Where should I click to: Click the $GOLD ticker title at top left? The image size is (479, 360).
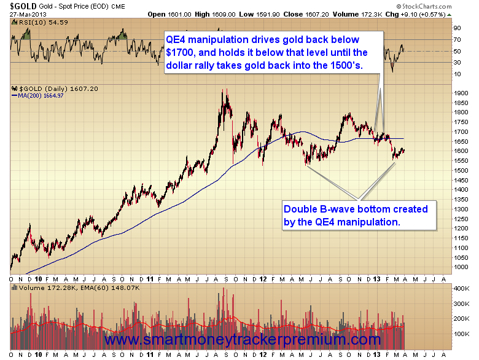pyautogui.click(x=19, y=7)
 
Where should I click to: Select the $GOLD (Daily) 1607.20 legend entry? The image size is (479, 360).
pyautogui.click(x=46, y=88)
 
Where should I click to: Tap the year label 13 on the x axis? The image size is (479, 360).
pyautogui.click(x=378, y=279)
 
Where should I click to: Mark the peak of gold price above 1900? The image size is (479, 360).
pyautogui.click(x=224, y=90)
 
